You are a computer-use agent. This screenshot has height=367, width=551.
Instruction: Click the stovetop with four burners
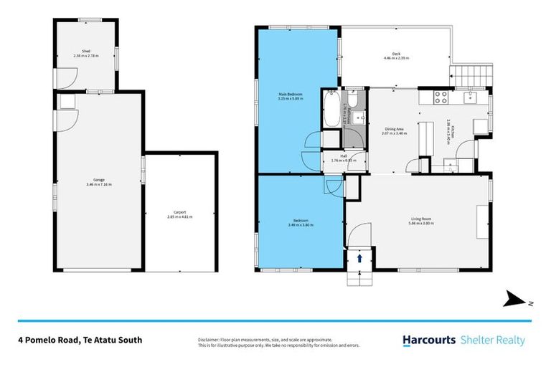click(x=440, y=97)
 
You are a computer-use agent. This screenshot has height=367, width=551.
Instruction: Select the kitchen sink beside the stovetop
click(x=470, y=97)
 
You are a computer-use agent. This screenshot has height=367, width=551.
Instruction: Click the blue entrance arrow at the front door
click(x=359, y=257)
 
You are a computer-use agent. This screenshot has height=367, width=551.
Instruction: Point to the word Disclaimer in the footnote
click(x=208, y=338)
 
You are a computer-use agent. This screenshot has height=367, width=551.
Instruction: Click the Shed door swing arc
click(x=62, y=77)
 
